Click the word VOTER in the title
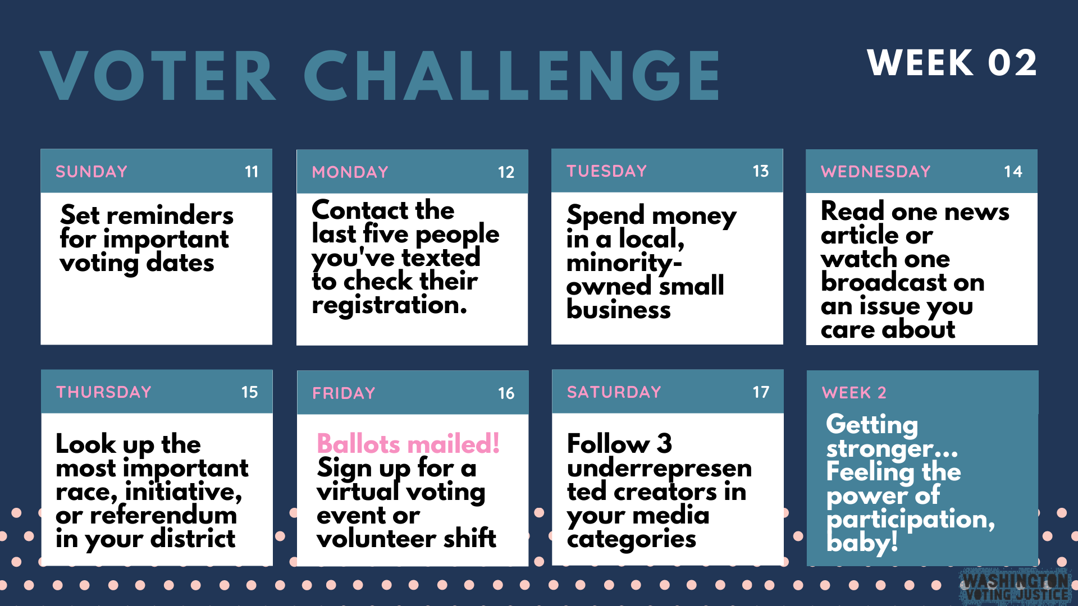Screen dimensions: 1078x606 tap(158, 76)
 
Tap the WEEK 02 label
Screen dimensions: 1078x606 tap(952, 62)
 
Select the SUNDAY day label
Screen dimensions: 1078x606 tap(92, 171)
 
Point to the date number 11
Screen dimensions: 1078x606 tap(252, 171)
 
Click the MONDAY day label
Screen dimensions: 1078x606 tap(350, 172)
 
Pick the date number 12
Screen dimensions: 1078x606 tap(506, 172)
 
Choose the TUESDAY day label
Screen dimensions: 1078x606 tap(607, 171)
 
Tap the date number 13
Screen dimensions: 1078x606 tap(761, 171)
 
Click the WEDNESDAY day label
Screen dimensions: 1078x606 tap(876, 171)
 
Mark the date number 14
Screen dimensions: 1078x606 tap(1013, 171)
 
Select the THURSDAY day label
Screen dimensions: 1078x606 tap(104, 392)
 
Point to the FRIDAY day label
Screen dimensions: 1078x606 tap(344, 393)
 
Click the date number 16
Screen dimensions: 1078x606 tap(506, 393)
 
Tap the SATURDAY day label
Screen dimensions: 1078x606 tap(614, 392)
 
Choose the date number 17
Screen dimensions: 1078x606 tap(761, 392)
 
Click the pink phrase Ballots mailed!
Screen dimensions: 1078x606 tap(408, 443)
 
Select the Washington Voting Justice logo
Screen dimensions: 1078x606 tap(1015, 587)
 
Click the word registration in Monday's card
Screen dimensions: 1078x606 tap(390, 305)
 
